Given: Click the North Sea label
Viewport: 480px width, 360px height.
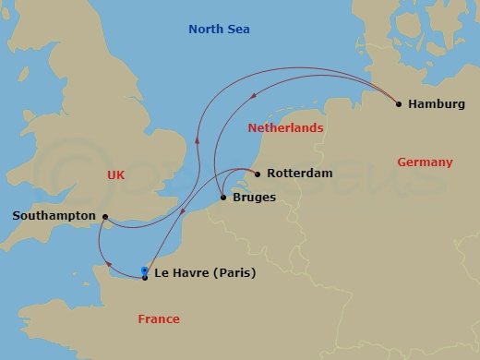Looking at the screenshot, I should [x=219, y=30].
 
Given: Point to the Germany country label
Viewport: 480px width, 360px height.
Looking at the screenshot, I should [x=425, y=162].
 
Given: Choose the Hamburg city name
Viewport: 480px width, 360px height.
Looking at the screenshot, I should [x=436, y=104].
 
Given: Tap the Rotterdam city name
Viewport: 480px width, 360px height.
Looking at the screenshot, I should [x=299, y=173].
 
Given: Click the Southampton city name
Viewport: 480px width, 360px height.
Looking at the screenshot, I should [x=54, y=215].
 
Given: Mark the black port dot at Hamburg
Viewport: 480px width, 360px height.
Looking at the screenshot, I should [x=398, y=104].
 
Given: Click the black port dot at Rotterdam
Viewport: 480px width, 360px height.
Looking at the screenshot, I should [x=257, y=173].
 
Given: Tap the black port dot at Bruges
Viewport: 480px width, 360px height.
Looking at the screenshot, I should [x=223, y=197].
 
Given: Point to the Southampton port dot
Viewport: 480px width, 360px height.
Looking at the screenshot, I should [x=105, y=218].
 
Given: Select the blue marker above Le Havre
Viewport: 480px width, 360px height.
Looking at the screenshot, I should [x=145, y=270].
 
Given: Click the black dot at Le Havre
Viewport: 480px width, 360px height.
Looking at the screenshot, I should [x=145, y=277].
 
